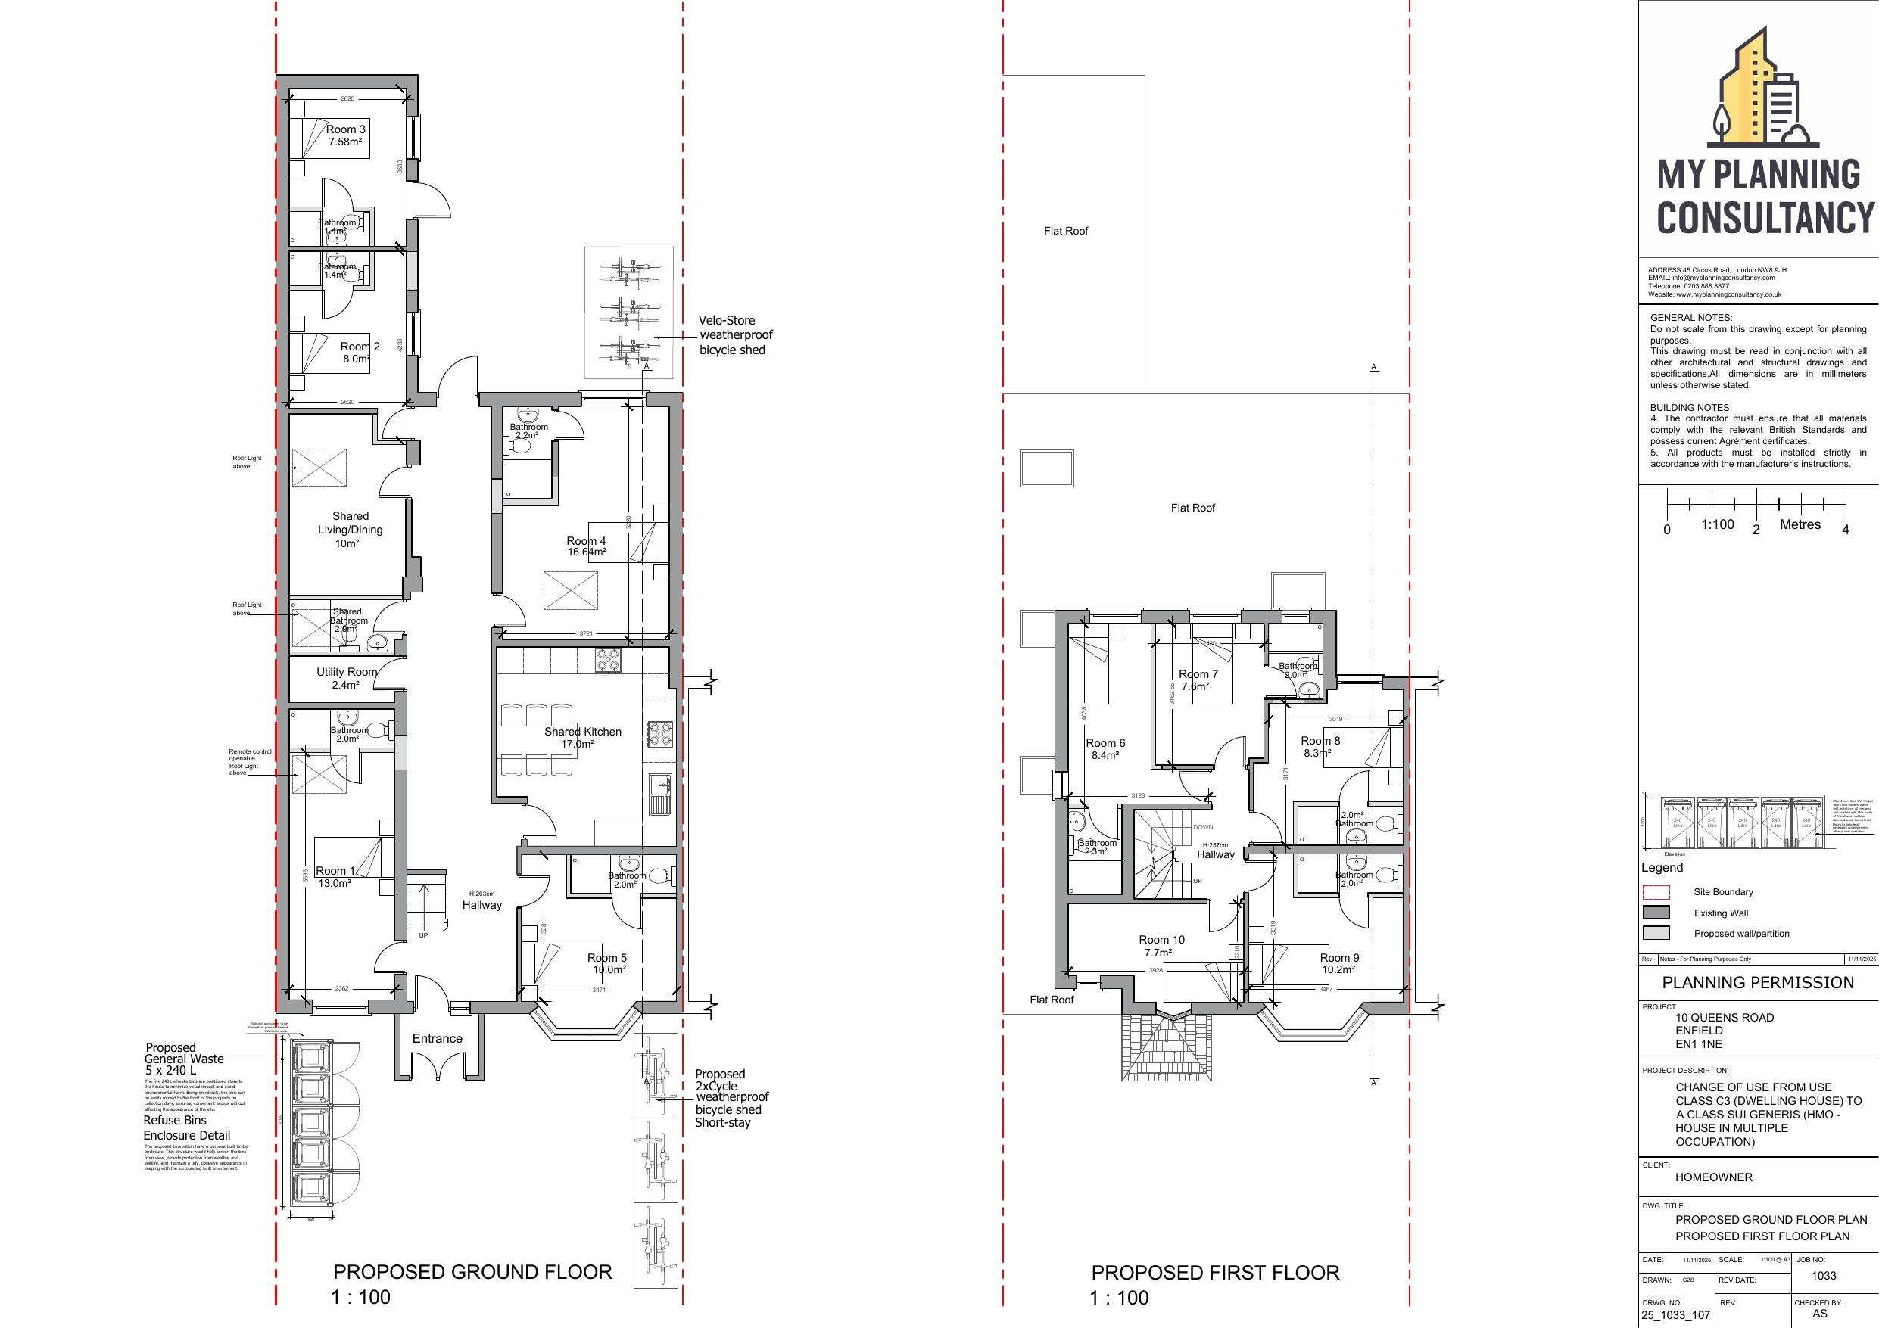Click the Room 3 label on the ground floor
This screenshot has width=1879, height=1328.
tap(345, 135)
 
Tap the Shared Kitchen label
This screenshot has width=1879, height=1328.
tap(582, 737)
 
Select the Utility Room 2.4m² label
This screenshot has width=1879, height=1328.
tap(347, 678)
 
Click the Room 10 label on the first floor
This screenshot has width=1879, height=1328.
tap(1161, 946)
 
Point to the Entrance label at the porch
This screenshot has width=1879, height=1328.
tap(437, 1038)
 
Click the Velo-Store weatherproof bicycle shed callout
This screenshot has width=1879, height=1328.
tap(735, 334)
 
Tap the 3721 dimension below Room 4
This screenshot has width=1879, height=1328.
tap(586, 633)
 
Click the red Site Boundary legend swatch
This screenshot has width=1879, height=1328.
tap(1656, 892)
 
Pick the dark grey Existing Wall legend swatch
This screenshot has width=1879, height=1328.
tap(1656, 913)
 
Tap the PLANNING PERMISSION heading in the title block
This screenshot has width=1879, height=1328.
tap(1757, 983)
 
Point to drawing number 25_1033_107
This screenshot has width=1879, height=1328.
tap(1669, 1316)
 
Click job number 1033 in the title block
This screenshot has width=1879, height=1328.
tap(1823, 1276)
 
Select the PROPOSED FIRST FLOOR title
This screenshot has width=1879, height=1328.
tap(1215, 1274)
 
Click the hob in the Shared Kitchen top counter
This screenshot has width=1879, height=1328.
tap(609, 660)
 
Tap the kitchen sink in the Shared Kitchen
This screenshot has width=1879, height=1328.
tap(659, 794)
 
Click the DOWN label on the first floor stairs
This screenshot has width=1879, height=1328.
tap(1202, 827)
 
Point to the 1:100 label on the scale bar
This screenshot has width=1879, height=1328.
tap(1717, 524)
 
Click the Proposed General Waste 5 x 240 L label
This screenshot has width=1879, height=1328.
tap(183, 1059)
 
